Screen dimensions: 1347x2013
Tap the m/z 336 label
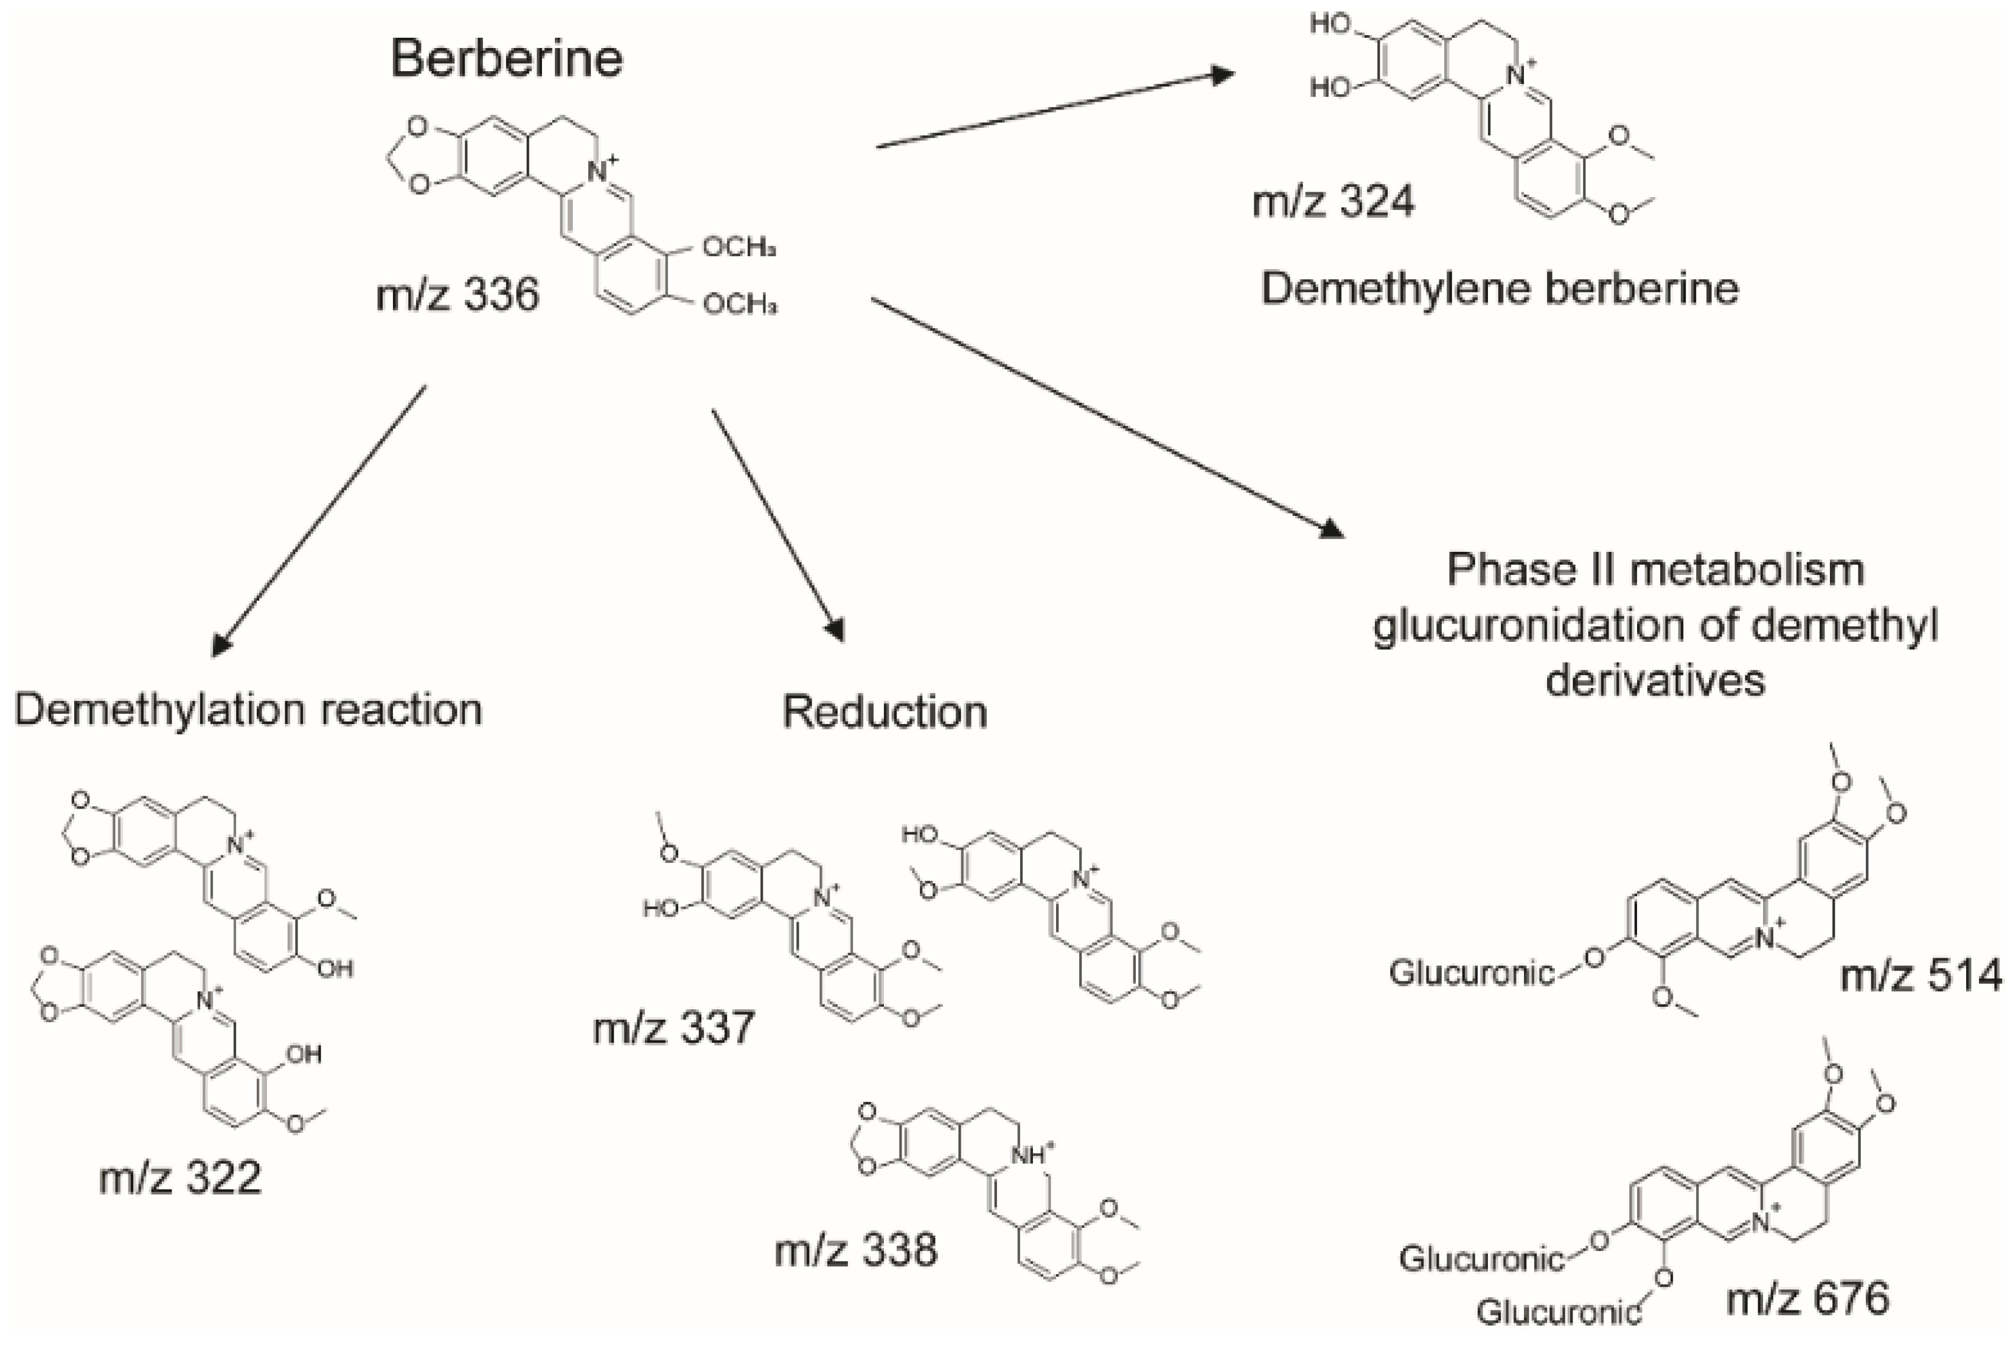457,294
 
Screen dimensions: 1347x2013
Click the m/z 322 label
179,1177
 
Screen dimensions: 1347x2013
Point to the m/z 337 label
673,1028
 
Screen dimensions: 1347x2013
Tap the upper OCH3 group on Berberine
739,248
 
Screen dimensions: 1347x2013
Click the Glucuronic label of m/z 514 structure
1471,974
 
